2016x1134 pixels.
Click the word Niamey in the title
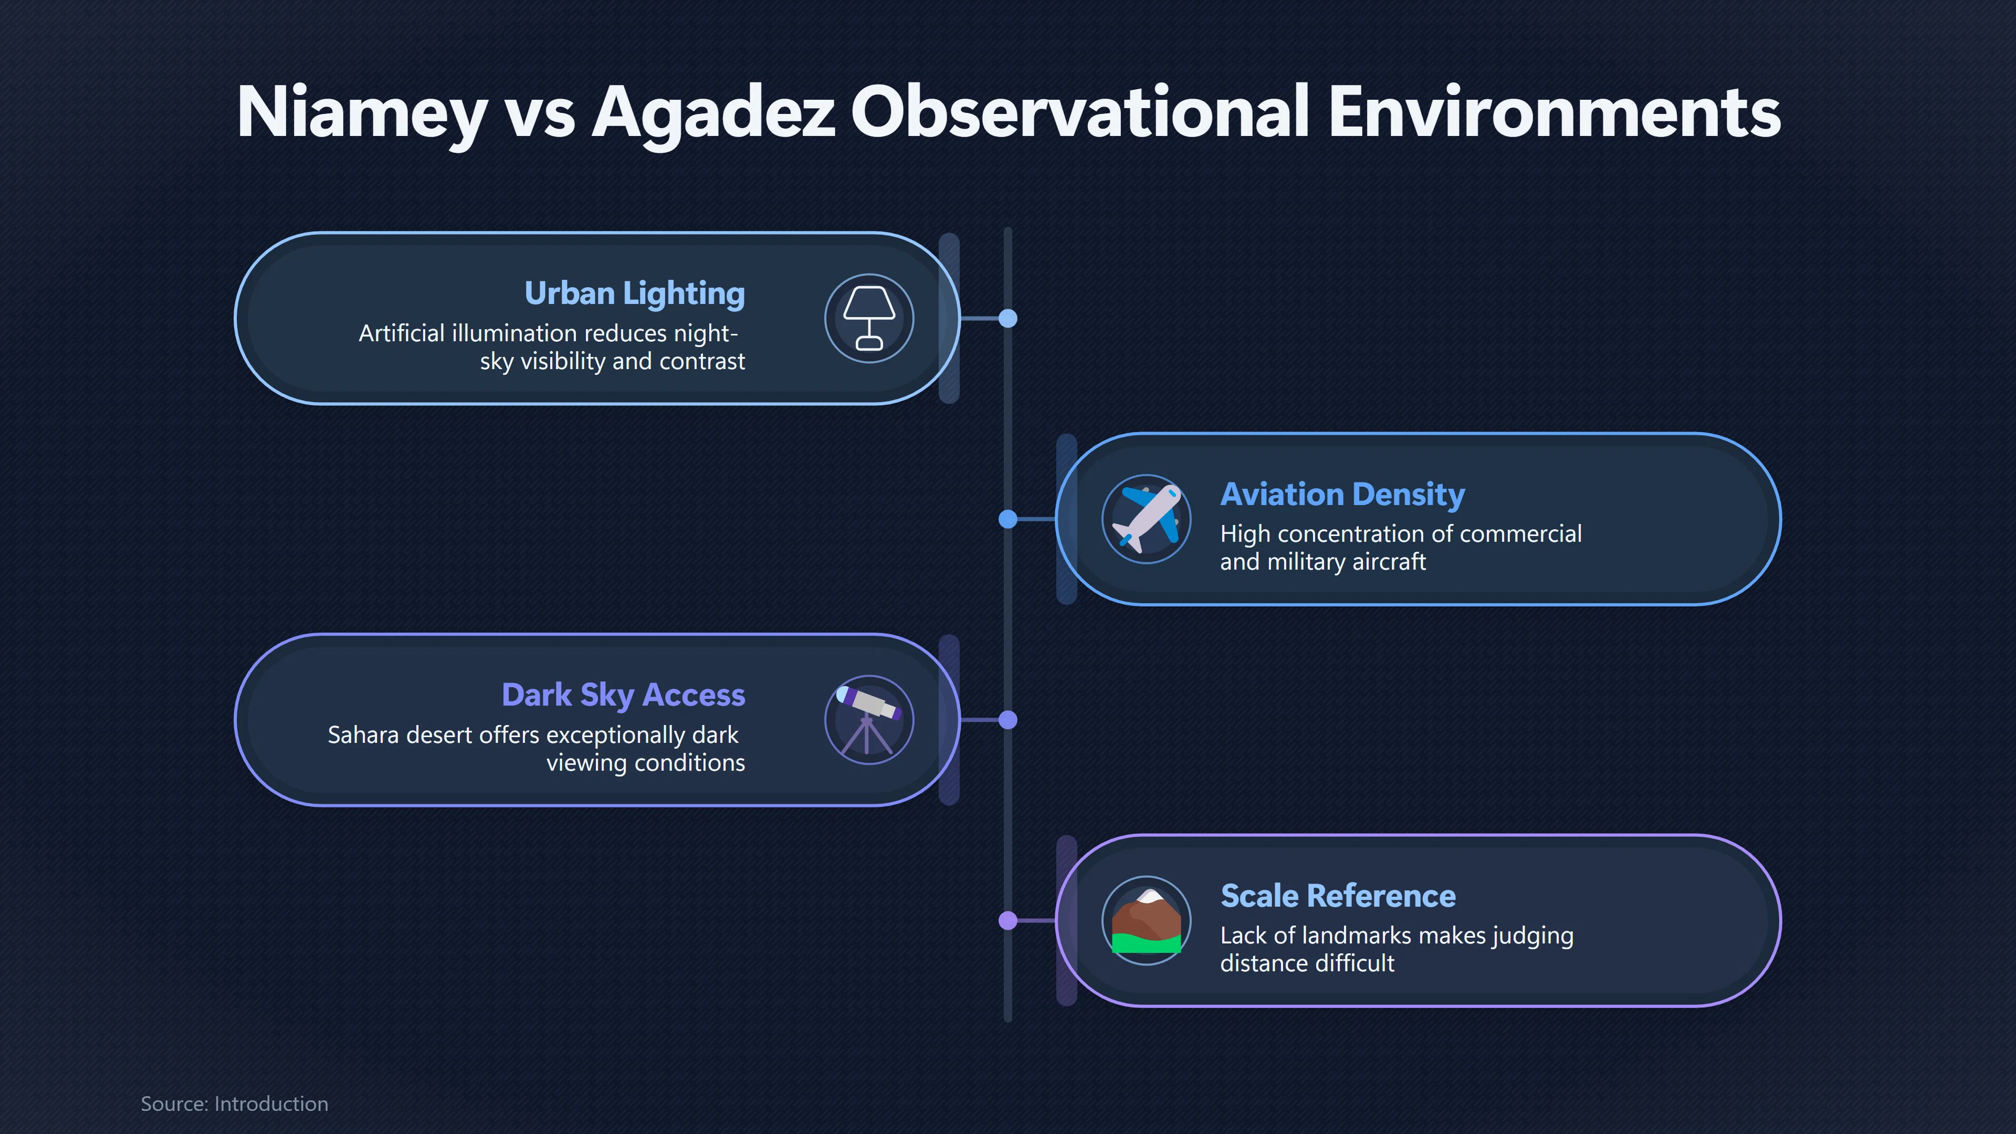[362, 114]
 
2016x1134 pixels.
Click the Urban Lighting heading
[635, 293]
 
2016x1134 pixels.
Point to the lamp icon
[869, 319]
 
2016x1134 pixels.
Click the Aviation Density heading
[1343, 494]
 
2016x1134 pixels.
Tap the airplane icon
[1147, 519]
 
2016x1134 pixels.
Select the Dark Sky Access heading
[624, 695]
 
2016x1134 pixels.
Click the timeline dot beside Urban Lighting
[1008, 319]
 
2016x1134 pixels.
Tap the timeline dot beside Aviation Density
[1008, 519]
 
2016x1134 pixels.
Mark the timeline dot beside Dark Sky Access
[1008, 720]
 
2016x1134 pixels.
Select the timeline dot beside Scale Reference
[1008, 920]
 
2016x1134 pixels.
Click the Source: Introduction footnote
[234, 1104]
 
